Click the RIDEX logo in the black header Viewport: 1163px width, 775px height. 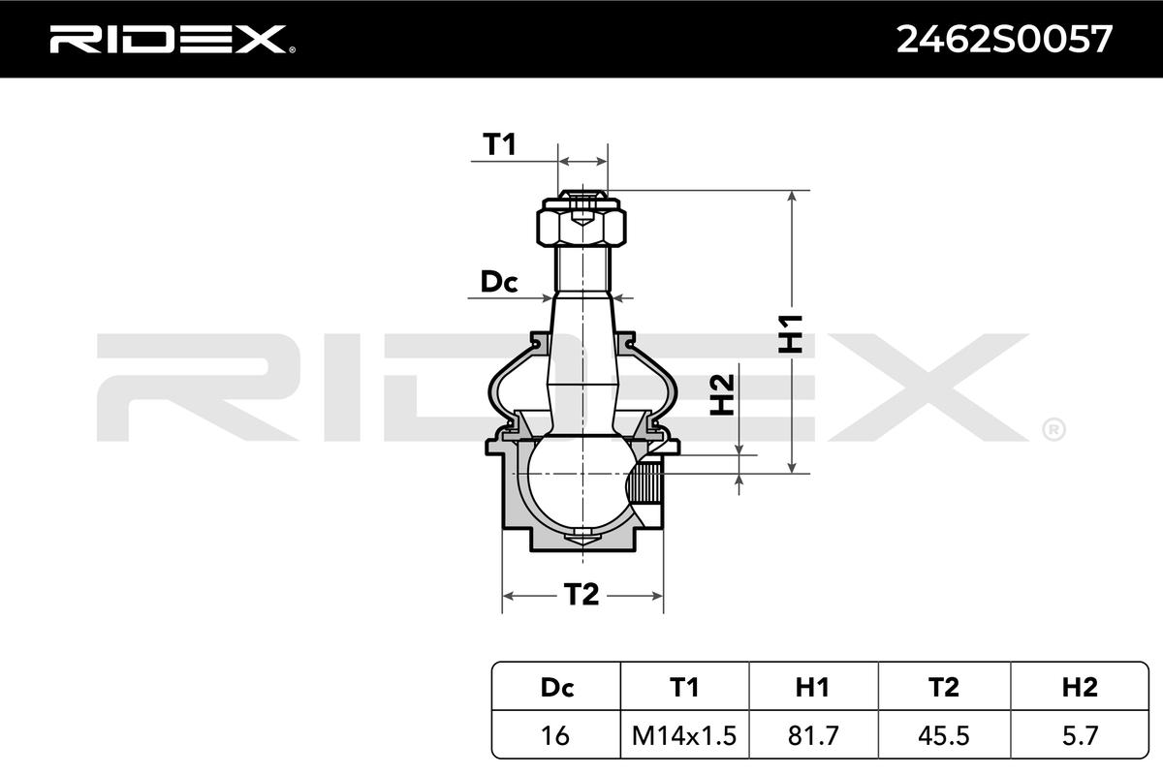[x=173, y=40]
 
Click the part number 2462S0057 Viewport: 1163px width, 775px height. [x=1004, y=40]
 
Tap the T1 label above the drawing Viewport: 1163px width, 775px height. [x=499, y=144]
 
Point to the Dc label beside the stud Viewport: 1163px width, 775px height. [x=499, y=282]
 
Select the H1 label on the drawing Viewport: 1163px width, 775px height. [x=791, y=334]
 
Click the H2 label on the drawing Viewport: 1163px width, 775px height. [x=722, y=395]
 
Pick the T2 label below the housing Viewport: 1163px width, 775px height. [x=581, y=595]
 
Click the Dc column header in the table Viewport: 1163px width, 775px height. [x=557, y=687]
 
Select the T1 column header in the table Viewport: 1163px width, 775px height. [x=684, y=687]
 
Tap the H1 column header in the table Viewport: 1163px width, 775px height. [x=812, y=687]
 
